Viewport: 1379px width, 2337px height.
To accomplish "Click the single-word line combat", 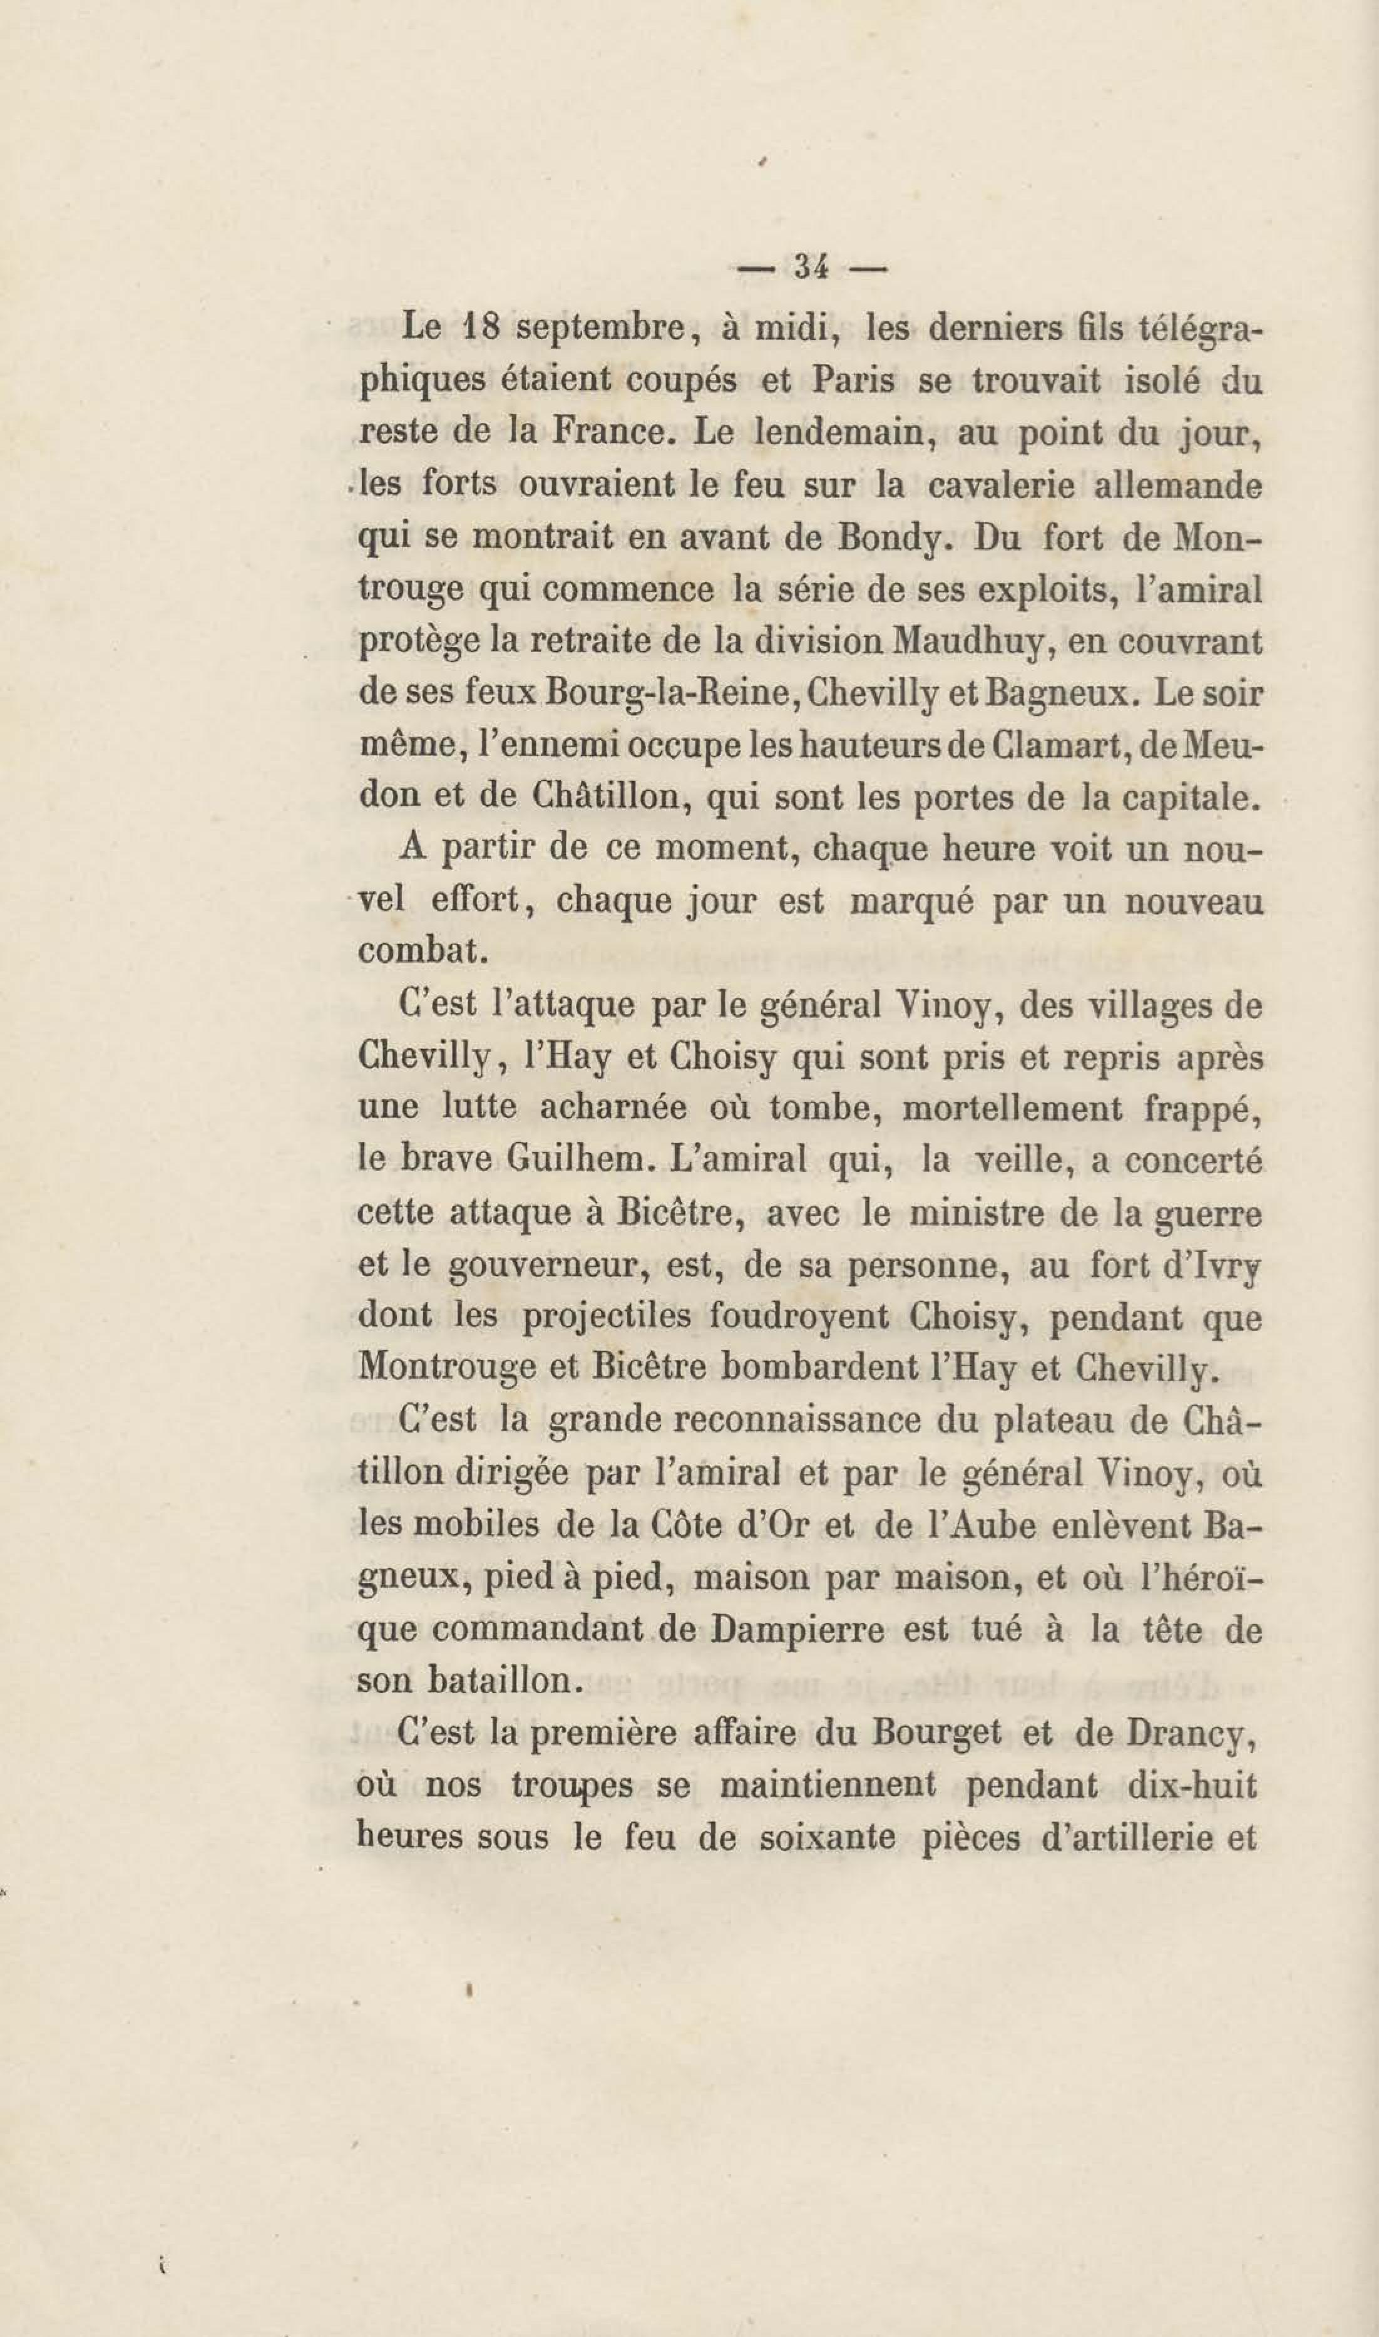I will point(421,951).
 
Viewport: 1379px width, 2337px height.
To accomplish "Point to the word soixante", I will point(824,1838).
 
